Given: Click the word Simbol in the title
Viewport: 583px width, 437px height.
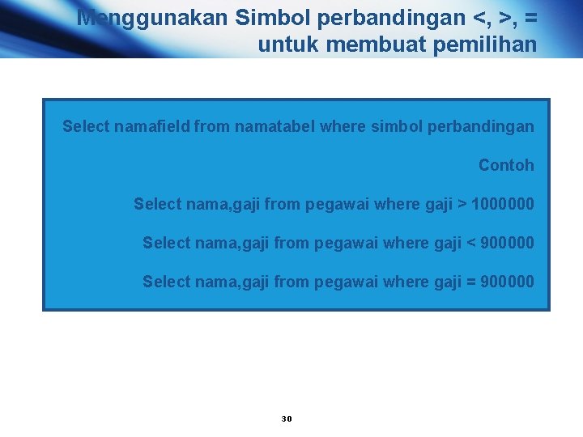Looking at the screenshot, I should pos(273,18).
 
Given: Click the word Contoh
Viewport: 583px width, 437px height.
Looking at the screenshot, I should pos(506,165).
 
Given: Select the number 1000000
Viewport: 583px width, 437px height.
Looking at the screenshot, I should pos(502,204).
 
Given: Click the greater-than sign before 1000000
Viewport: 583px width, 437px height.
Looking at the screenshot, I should pos(462,204).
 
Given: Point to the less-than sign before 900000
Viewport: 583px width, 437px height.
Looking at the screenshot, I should pos(470,243).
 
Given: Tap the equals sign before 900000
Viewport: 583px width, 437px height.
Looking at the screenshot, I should pos(470,282).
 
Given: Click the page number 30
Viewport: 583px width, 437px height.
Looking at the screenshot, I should pos(286,418).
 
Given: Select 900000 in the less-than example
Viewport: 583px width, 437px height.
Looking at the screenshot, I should pos(507,243).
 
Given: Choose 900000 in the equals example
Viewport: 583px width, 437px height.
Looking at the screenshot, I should pos(507,282).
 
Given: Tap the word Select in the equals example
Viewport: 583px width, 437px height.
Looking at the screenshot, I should pos(165,282).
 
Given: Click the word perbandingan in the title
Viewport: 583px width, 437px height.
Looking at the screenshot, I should pos(396,18).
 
